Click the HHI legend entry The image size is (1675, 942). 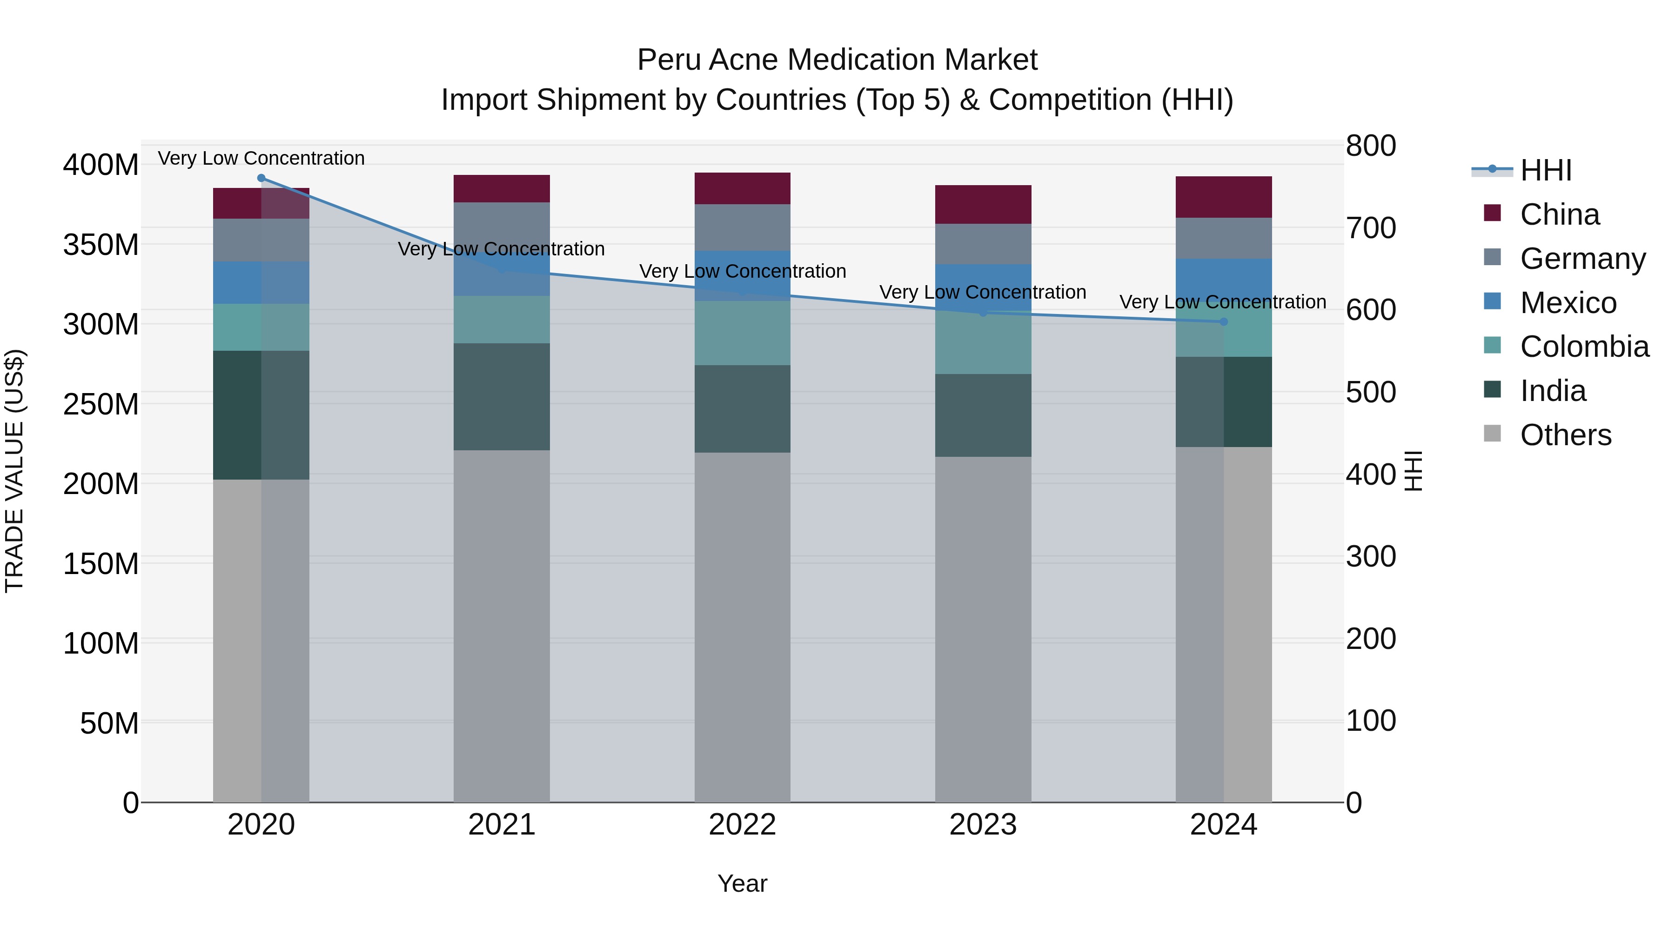[1545, 170]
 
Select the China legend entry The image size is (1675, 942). [1559, 214]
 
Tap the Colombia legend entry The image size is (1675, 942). [1583, 347]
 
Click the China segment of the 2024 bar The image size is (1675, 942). [1223, 197]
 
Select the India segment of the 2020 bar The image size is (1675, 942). [261, 415]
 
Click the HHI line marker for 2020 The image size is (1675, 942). [261, 178]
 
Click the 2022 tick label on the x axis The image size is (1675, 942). [742, 825]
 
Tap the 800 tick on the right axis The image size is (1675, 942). [1371, 146]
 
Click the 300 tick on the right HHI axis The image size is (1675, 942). [1371, 556]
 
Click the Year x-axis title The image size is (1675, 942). [742, 883]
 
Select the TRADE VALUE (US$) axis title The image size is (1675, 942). [14, 471]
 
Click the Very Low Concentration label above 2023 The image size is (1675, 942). [983, 293]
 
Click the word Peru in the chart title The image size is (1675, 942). [664, 60]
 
